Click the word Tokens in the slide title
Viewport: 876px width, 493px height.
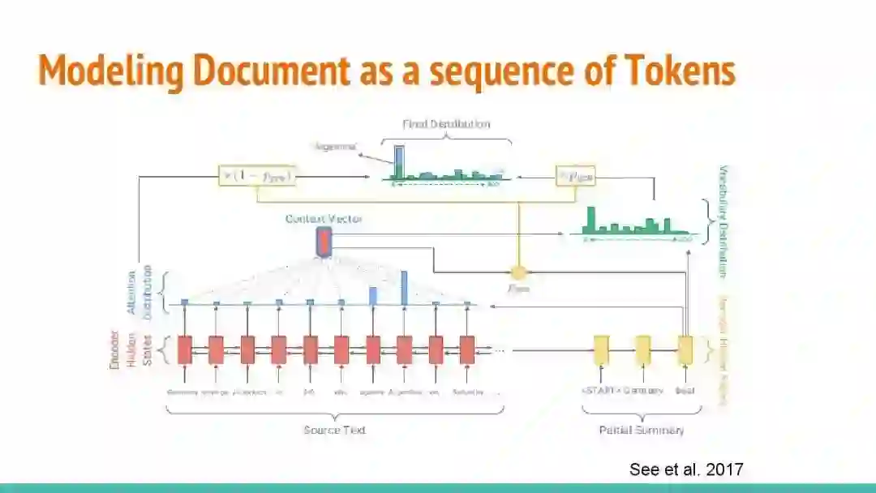(x=682, y=71)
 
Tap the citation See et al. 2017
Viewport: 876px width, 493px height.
(x=685, y=469)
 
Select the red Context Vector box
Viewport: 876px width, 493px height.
(x=324, y=242)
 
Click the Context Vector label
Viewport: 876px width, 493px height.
(x=324, y=219)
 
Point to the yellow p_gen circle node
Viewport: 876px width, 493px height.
(x=518, y=272)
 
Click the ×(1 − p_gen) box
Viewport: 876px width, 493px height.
(x=256, y=176)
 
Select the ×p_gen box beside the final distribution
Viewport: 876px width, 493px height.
(x=575, y=176)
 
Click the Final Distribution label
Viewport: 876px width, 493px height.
(x=446, y=124)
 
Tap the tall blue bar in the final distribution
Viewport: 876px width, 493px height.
(x=399, y=161)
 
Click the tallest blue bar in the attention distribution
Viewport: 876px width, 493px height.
(x=404, y=288)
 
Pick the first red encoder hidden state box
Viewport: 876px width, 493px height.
(x=184, y=349)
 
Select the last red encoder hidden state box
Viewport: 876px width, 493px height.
(x=467, y=349)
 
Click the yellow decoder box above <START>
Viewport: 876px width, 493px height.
(x=601, y=349)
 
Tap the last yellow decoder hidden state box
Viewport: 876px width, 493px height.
(x=685, y=349)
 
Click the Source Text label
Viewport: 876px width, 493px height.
(x=334, y=430)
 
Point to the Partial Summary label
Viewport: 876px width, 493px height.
(x=641, y=430)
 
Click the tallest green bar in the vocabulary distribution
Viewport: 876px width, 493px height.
(x=591, y=219)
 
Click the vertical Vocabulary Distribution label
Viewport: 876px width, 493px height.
(x=724, y=221)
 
